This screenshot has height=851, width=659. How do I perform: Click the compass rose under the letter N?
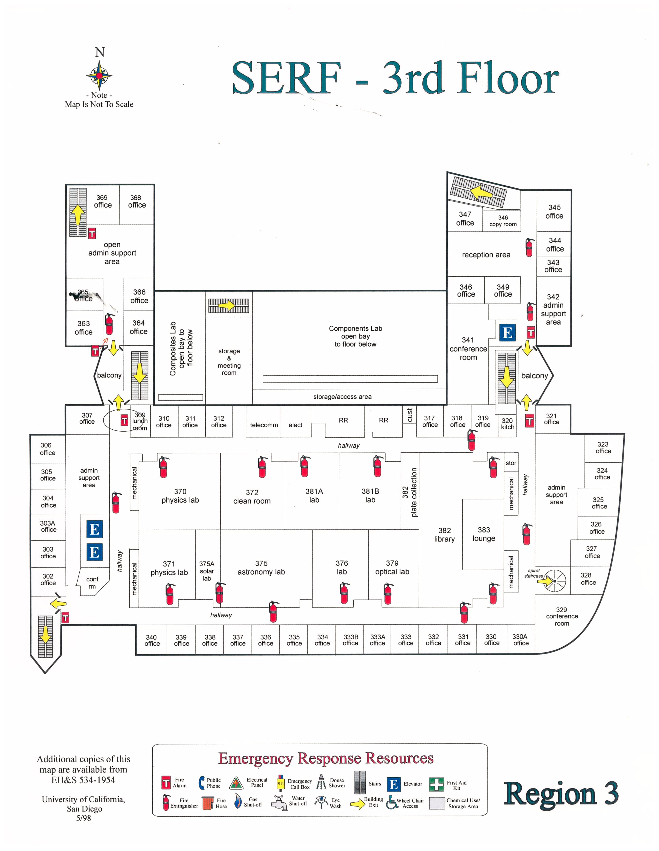coord(99,75)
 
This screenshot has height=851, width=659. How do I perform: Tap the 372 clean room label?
coord(252,497)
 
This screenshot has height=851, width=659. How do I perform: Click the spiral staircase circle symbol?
coord(555,581)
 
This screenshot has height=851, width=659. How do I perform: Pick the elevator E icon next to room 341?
coord(507,333)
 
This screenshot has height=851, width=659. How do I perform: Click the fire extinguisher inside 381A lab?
coord(305,466)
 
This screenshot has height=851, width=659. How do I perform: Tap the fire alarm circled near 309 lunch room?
coord(124,420)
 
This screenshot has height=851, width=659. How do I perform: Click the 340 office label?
coord(152,640)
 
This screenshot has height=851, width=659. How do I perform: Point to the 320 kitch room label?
coord(507,423)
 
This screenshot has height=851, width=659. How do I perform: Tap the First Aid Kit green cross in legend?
coord(436,784)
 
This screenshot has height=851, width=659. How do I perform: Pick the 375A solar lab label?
coord(207,571)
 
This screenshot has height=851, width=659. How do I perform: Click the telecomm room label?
coord(264,425)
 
